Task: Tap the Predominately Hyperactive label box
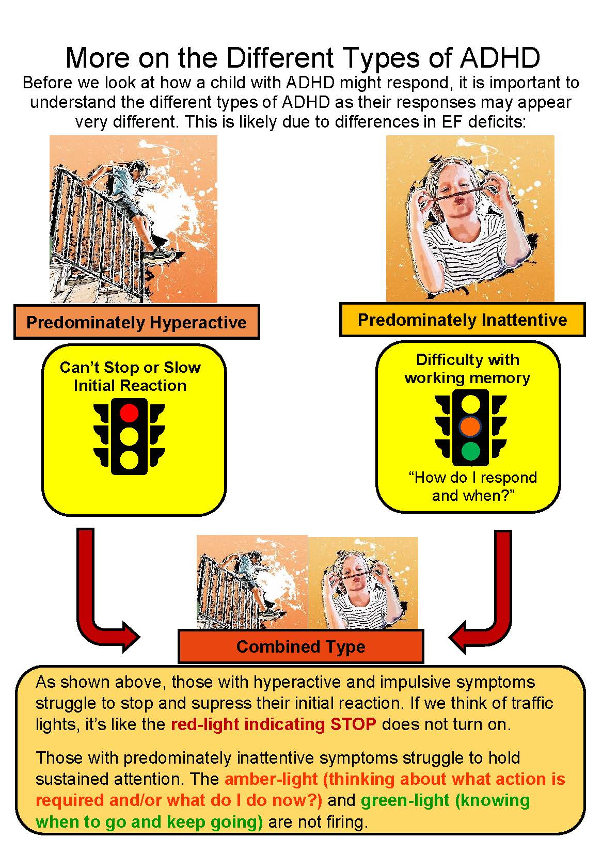(136, 322)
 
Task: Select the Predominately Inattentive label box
(462, 320)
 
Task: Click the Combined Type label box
(301, 646)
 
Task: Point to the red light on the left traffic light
(129, 413)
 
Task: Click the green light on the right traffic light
(470, 451)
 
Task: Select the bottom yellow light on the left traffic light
(129, 460)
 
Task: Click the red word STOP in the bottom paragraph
(353, 724)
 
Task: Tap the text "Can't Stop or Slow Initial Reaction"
(130, 376)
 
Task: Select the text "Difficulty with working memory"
(467, 369)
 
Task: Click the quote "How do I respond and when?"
(473, 486)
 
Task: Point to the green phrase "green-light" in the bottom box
(405, 800)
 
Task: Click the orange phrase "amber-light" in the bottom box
(271, 779)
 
